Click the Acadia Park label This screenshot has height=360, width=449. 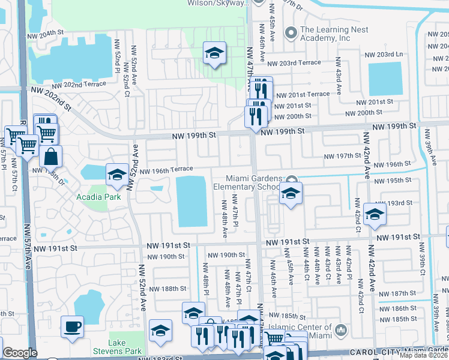(98, 197)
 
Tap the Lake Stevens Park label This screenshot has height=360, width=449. (117, 347)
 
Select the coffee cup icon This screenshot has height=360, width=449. (73, 326)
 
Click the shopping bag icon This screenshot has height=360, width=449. (51, 156)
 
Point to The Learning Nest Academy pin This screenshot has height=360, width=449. (292, 32)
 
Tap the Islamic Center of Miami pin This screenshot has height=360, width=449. (340, 329)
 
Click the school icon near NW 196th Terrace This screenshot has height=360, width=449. (117, 175)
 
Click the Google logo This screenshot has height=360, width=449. (20, 353)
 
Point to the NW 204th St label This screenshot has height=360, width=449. (46, 33)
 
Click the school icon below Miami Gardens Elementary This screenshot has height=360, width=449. (291, 193)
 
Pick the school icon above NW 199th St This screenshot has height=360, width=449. (214, 53)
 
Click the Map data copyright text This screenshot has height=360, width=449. (423, 355)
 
